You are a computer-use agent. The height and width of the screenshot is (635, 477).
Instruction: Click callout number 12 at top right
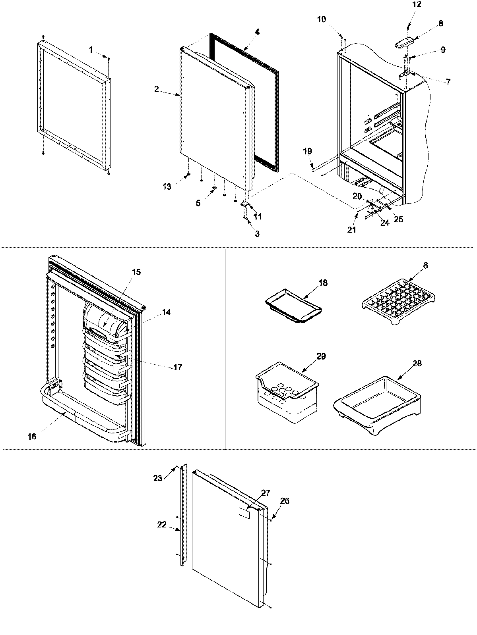click(417, 5)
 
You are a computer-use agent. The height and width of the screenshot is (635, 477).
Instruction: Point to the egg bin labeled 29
click(287, 393)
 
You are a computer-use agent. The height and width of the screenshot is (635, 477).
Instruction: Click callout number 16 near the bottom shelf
click(32, 437)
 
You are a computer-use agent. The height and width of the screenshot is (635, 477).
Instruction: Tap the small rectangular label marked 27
click(244, 512)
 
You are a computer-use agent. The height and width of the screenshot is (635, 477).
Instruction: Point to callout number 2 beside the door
click(157, 89)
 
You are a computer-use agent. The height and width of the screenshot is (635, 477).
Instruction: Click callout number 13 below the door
click(167, 187)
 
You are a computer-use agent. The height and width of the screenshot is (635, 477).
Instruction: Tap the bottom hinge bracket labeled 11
click(244, 204)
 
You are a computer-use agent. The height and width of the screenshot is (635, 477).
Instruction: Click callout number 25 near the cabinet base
click(398, 219)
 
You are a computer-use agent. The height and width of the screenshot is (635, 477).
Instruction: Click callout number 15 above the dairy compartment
click(136, 272)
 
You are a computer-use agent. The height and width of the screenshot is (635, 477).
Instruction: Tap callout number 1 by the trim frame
click(91, 50)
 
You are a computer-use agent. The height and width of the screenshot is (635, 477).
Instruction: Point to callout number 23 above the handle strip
click(158, 478)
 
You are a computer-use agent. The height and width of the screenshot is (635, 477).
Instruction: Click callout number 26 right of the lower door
click(285, 501)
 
